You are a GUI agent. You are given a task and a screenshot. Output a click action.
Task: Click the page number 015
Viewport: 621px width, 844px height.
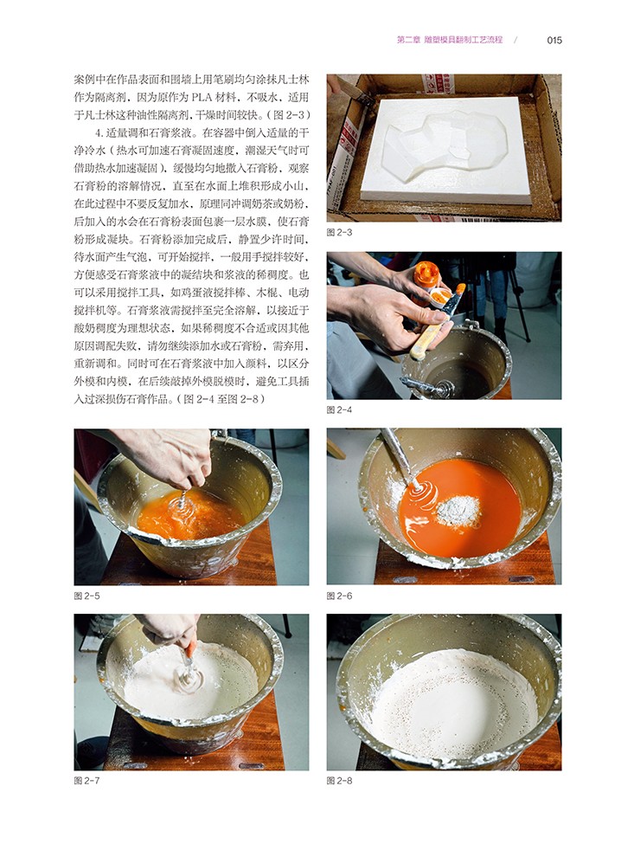[x=554, y=40]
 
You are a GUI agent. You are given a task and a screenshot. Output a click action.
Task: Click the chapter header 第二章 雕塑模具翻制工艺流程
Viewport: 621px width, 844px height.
[x=450, y=39]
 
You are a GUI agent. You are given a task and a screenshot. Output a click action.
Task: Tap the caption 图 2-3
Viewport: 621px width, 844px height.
[x=339, y=232]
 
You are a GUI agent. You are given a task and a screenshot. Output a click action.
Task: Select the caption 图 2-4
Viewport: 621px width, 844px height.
[x=339, y=409]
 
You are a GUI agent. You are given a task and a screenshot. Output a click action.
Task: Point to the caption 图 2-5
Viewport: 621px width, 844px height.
[x=86, y=596]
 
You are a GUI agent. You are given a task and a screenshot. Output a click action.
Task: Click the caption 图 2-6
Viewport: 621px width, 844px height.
[x=339, y=596]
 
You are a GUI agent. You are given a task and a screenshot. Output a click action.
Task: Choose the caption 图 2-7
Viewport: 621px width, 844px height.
[x=86, y=781]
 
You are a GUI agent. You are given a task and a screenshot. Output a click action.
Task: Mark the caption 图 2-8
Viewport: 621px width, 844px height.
[x=339, y=781]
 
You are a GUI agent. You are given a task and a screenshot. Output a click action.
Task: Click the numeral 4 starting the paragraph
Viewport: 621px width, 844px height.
[x=99, y=133]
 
